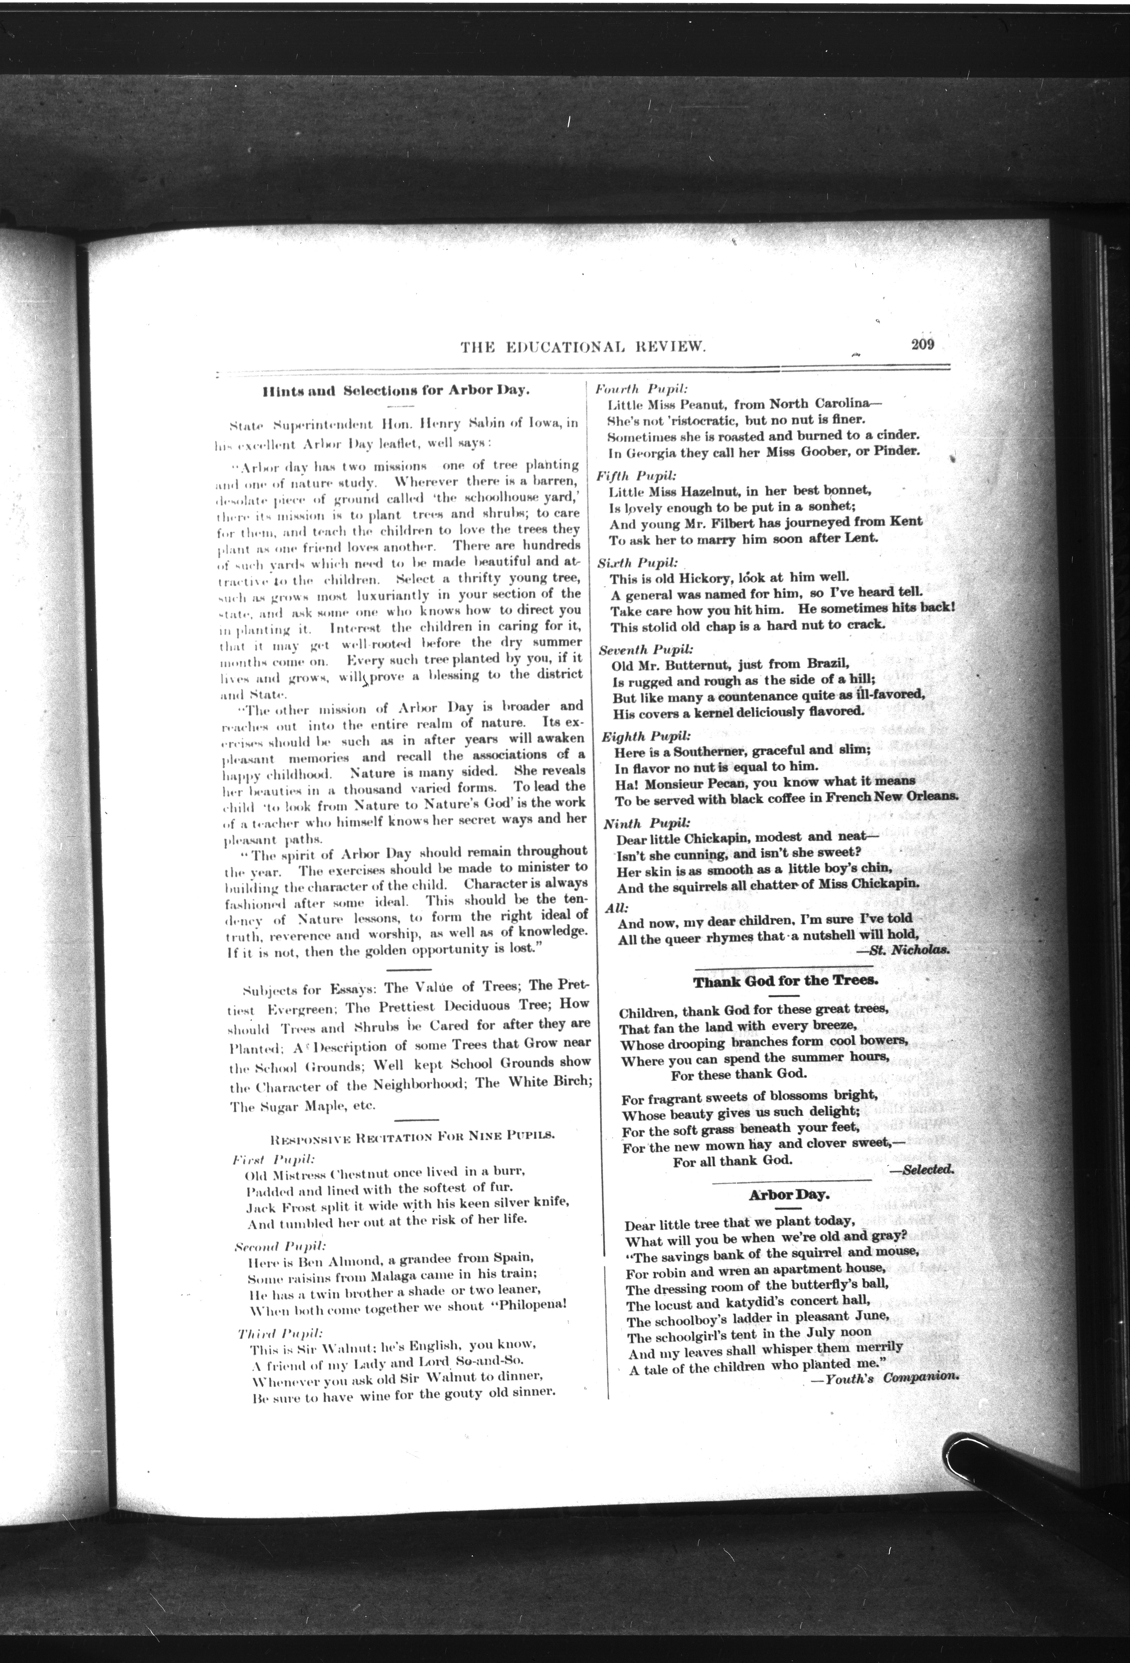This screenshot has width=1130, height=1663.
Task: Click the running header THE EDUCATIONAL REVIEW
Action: pos(584,348)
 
